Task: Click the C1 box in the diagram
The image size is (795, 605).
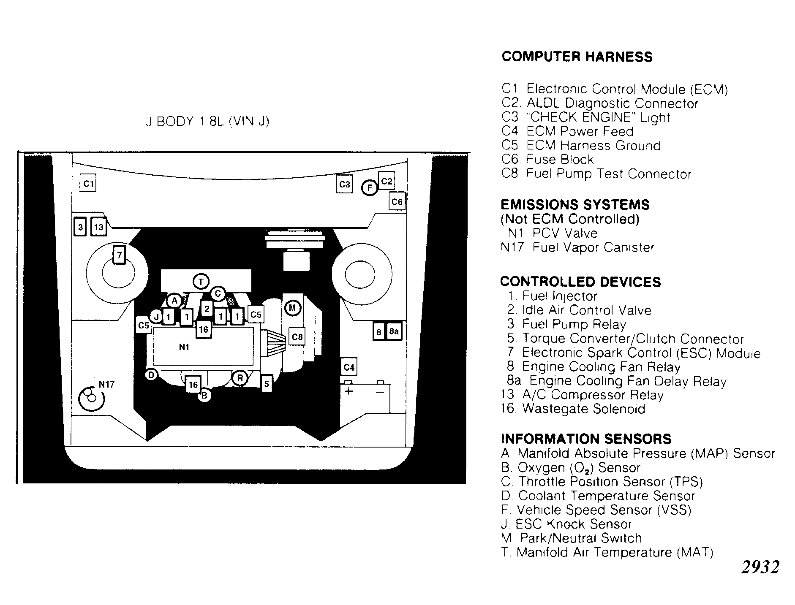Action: click(88, 183)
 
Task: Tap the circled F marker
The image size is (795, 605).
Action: click(370, 187)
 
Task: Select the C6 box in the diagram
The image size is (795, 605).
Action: click(397, 202)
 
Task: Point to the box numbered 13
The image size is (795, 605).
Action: click(99, 227)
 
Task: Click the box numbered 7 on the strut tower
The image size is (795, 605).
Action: click(120, 255)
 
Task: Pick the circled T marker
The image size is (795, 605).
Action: click(201, 281)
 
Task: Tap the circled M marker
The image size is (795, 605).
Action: click(292, 308)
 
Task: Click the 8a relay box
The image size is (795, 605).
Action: click(394, 331)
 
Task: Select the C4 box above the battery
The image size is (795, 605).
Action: click(349, 367)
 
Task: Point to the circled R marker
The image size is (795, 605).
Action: click(240, 378)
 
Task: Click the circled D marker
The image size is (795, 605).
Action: click(151, 374)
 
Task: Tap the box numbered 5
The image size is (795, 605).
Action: click(267, 384)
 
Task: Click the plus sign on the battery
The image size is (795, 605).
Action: click(349, 391)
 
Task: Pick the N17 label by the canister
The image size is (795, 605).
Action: click(106, 385)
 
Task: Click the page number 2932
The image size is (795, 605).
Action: click(760, 567)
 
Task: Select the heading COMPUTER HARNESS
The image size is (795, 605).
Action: click(577, 57)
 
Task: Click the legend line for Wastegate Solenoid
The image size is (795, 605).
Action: click(573, 409)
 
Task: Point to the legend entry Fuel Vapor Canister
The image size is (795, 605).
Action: click(577, 247)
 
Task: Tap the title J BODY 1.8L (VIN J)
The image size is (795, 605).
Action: click(207, 122)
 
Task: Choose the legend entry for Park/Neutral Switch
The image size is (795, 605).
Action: click(572, 538)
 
